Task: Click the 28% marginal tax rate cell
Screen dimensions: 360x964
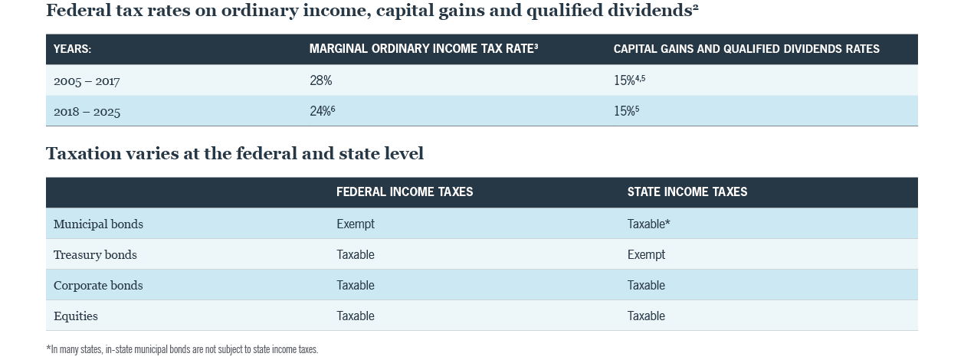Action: (x=320, y=80)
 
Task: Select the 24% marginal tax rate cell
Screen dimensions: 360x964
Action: (x=322, y=111)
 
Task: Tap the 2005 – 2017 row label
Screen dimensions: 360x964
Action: (x=87, y=81)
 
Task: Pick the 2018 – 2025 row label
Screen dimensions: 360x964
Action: (x=87, y=112)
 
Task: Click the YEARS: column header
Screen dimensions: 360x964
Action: (x=72, y=49)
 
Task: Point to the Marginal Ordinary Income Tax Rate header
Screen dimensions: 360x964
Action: (x=423, y=49)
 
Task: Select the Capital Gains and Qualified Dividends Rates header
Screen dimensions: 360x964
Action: (x=746, y=49)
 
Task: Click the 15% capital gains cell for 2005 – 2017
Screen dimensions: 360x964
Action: (x=629, y=80)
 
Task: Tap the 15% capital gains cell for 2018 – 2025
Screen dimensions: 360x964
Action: (x=626, y=111)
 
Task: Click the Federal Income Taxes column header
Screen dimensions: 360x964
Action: (x=405, y=192)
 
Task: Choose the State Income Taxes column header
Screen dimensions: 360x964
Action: (x=687, y=192)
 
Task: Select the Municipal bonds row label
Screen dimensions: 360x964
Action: (x=98, y=224)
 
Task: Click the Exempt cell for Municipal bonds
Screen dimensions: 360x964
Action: (x=356, y=224)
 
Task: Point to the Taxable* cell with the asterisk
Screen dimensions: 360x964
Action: (x=648, y=224)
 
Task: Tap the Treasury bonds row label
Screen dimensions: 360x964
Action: (x=95, y=255)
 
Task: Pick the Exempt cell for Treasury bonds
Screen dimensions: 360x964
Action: (x=645, y=255)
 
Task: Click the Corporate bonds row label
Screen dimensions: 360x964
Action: (x=98, y=286)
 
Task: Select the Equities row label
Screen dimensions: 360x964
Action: (x=76, y=316)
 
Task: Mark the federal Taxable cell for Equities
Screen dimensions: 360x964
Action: (x=356, y=316)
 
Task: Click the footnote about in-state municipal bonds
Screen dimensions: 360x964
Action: (x=182, y=349)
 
